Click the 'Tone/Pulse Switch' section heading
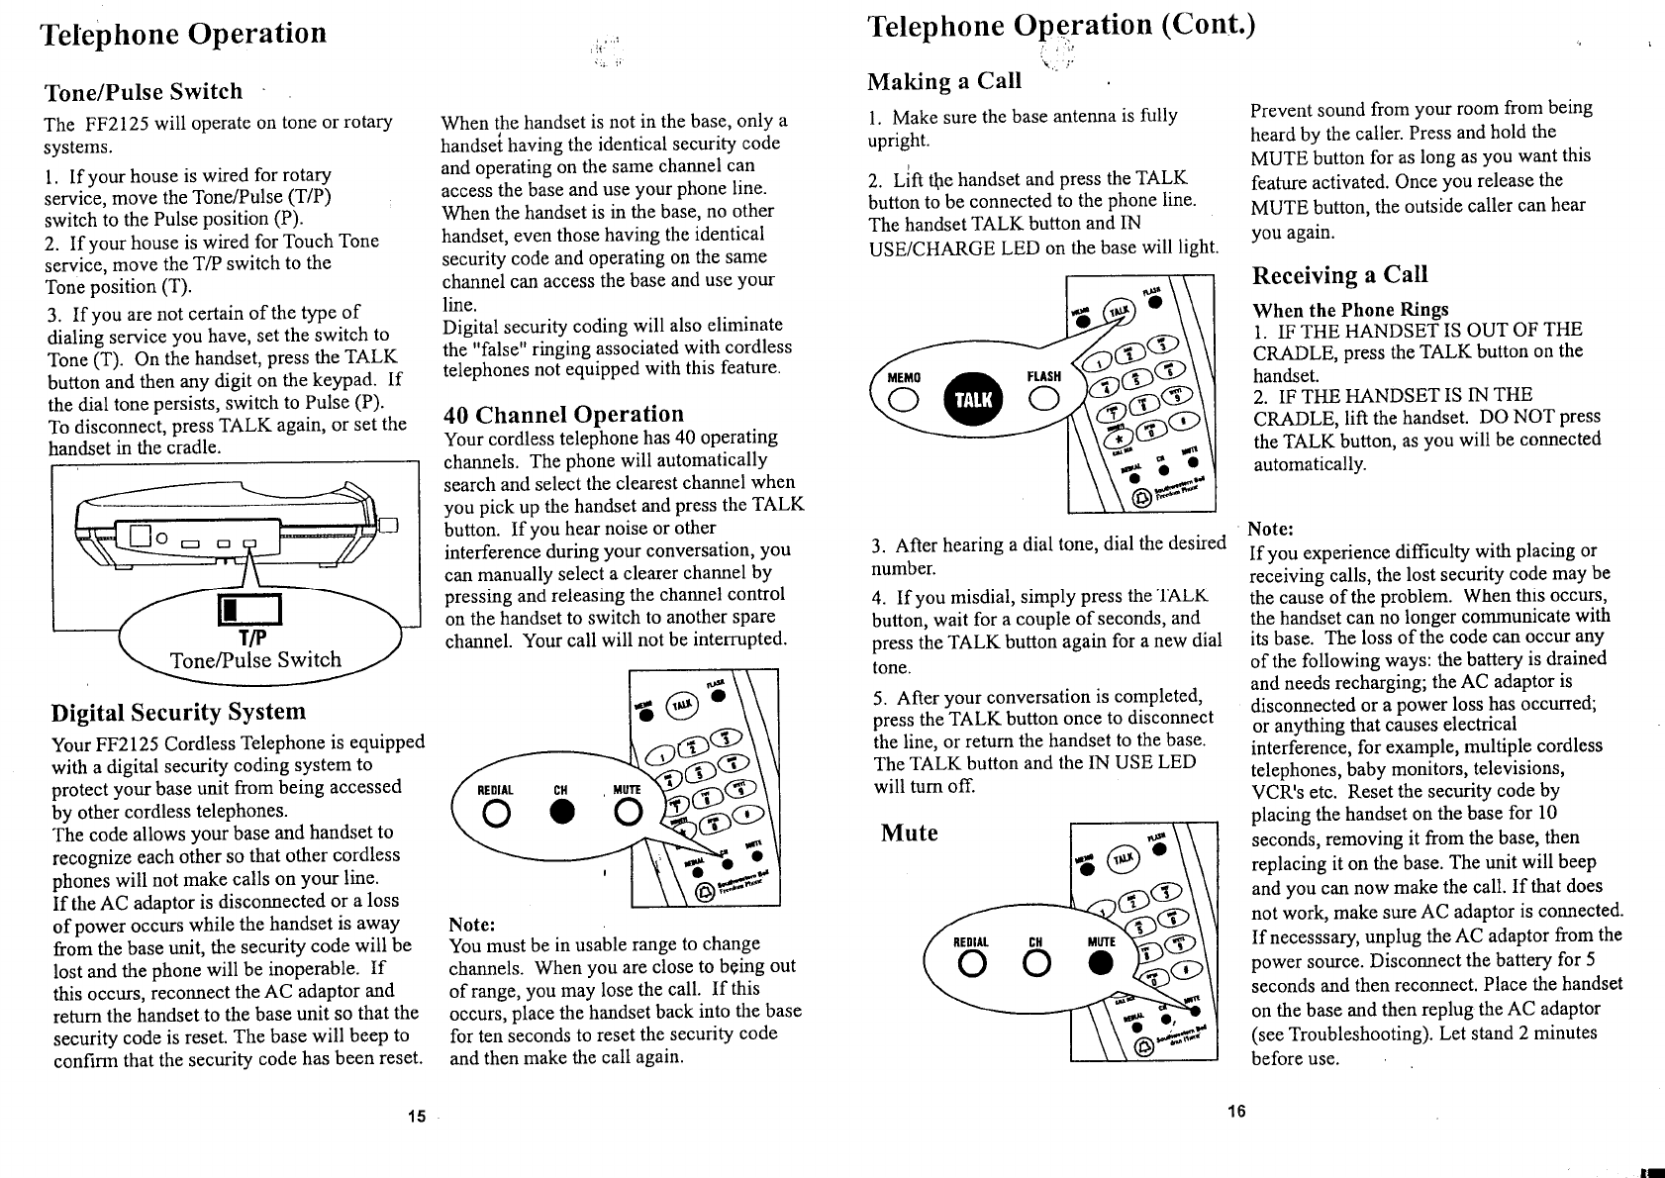[144, 92]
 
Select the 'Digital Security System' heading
[178, 713]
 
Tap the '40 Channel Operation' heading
[563, 415]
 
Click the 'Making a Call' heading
[943, 81]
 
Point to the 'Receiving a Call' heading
[1339, 275]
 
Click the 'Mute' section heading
[910, 834]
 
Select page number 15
[417, 1117]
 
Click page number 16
[1235, 1111]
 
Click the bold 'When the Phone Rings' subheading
[1350, 309]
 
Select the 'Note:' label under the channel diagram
[472, 925]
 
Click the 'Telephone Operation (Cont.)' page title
[1060, 26]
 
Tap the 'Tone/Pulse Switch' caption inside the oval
[255, 660]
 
